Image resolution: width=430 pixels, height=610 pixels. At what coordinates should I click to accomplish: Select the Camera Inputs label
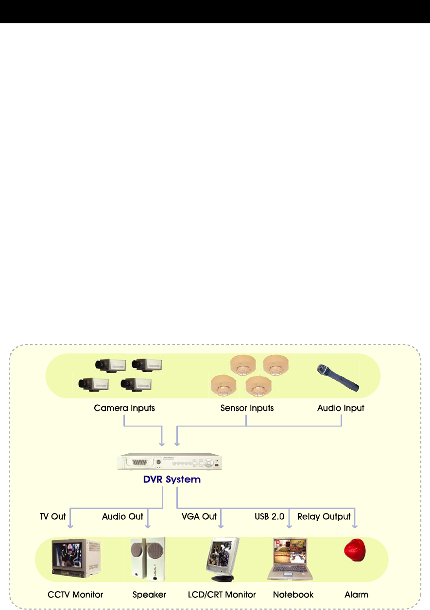[124, 408]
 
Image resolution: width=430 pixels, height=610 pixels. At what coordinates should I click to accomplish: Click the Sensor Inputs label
[247, 408]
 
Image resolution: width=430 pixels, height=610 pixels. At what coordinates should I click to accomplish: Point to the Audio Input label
[341, 408]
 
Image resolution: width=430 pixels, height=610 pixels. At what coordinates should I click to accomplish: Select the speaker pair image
[148, 559]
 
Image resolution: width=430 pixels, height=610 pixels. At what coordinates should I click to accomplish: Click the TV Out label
[52, 516]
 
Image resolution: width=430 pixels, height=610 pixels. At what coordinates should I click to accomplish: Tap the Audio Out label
[122, 516]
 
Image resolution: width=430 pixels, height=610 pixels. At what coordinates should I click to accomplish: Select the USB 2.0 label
[269, 516]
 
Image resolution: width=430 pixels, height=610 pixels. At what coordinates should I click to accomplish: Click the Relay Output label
[324, 516]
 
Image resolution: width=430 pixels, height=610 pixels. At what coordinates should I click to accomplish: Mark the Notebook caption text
[293, 594]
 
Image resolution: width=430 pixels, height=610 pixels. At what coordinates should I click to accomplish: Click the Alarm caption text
[356, 594]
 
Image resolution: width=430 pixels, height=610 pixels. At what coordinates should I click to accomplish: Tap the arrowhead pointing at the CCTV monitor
[71, 526]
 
